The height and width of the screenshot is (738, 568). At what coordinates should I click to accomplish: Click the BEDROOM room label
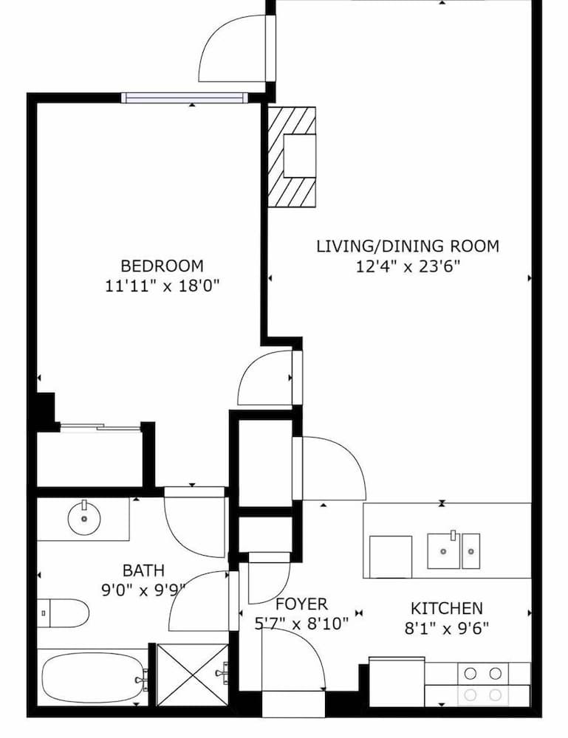[162, 266]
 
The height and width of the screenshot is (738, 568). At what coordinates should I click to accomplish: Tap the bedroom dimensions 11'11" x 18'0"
[162, 286]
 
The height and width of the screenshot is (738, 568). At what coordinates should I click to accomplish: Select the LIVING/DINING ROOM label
[407, 246]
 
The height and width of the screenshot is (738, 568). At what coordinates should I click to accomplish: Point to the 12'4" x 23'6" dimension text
[407, 266]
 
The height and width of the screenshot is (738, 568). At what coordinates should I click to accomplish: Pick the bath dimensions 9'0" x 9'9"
[143, 589]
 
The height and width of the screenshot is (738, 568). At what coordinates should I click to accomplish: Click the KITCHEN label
[446, 609]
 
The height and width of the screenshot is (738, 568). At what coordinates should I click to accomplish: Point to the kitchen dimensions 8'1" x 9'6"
[446, 628]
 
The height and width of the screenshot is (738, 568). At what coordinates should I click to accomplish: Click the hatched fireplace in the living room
[291, 156]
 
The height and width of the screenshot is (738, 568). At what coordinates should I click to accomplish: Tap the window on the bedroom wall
[183, 97]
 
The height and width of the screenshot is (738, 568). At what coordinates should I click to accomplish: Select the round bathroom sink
[84, 519]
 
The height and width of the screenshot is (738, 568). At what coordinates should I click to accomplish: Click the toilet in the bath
[64, 613]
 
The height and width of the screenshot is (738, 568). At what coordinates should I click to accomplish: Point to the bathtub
[92, 677]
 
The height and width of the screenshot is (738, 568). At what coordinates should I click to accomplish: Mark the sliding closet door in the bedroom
[100, 427]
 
